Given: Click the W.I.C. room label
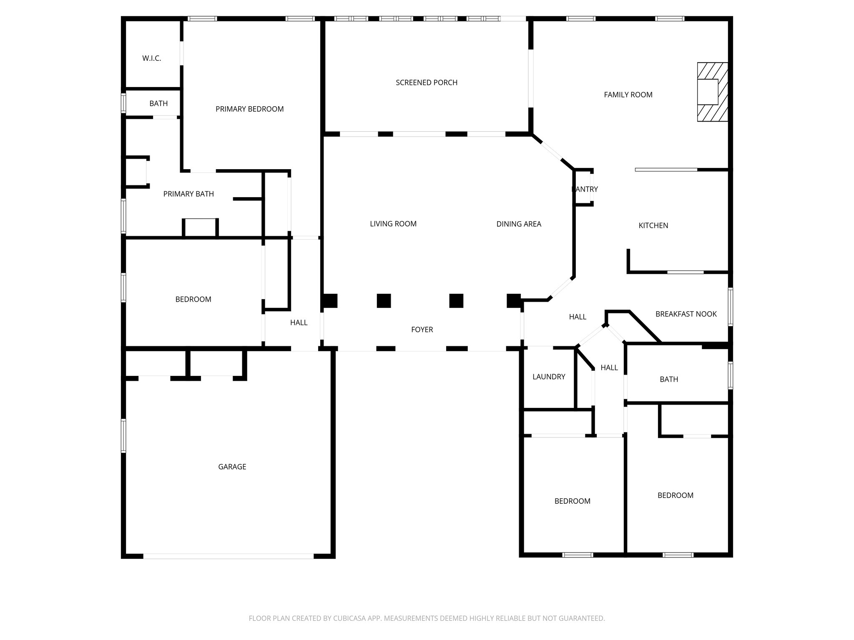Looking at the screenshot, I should [x=151, y=58].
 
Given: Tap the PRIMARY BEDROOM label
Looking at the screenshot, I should [x=249, y=109].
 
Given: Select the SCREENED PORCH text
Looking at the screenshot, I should [x=426, y=82].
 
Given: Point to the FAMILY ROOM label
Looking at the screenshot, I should [x=628, y=95].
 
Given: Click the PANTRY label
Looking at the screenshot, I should [x=585, y=189].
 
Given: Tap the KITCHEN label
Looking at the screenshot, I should [x=653, y=225].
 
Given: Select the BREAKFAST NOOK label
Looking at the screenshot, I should [x=686, y=314].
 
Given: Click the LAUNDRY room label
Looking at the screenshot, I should [x=549, y=377].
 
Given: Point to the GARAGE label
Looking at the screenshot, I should [x=232, y=467].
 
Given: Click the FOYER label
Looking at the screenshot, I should [x=422, y=330].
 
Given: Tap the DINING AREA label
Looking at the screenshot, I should [x=518, y=224].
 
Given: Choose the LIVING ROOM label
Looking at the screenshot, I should [x=393, y=224].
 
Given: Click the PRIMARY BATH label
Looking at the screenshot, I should [x=188, y=194].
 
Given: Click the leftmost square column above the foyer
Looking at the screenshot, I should [x=330, y=301].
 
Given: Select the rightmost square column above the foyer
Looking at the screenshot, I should [x=514, y=301].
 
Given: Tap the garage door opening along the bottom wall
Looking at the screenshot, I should [x=228, y=556].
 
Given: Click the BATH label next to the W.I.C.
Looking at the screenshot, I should [x=158, y=103].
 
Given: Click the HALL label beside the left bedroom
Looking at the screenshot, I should [x=299, y=322].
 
